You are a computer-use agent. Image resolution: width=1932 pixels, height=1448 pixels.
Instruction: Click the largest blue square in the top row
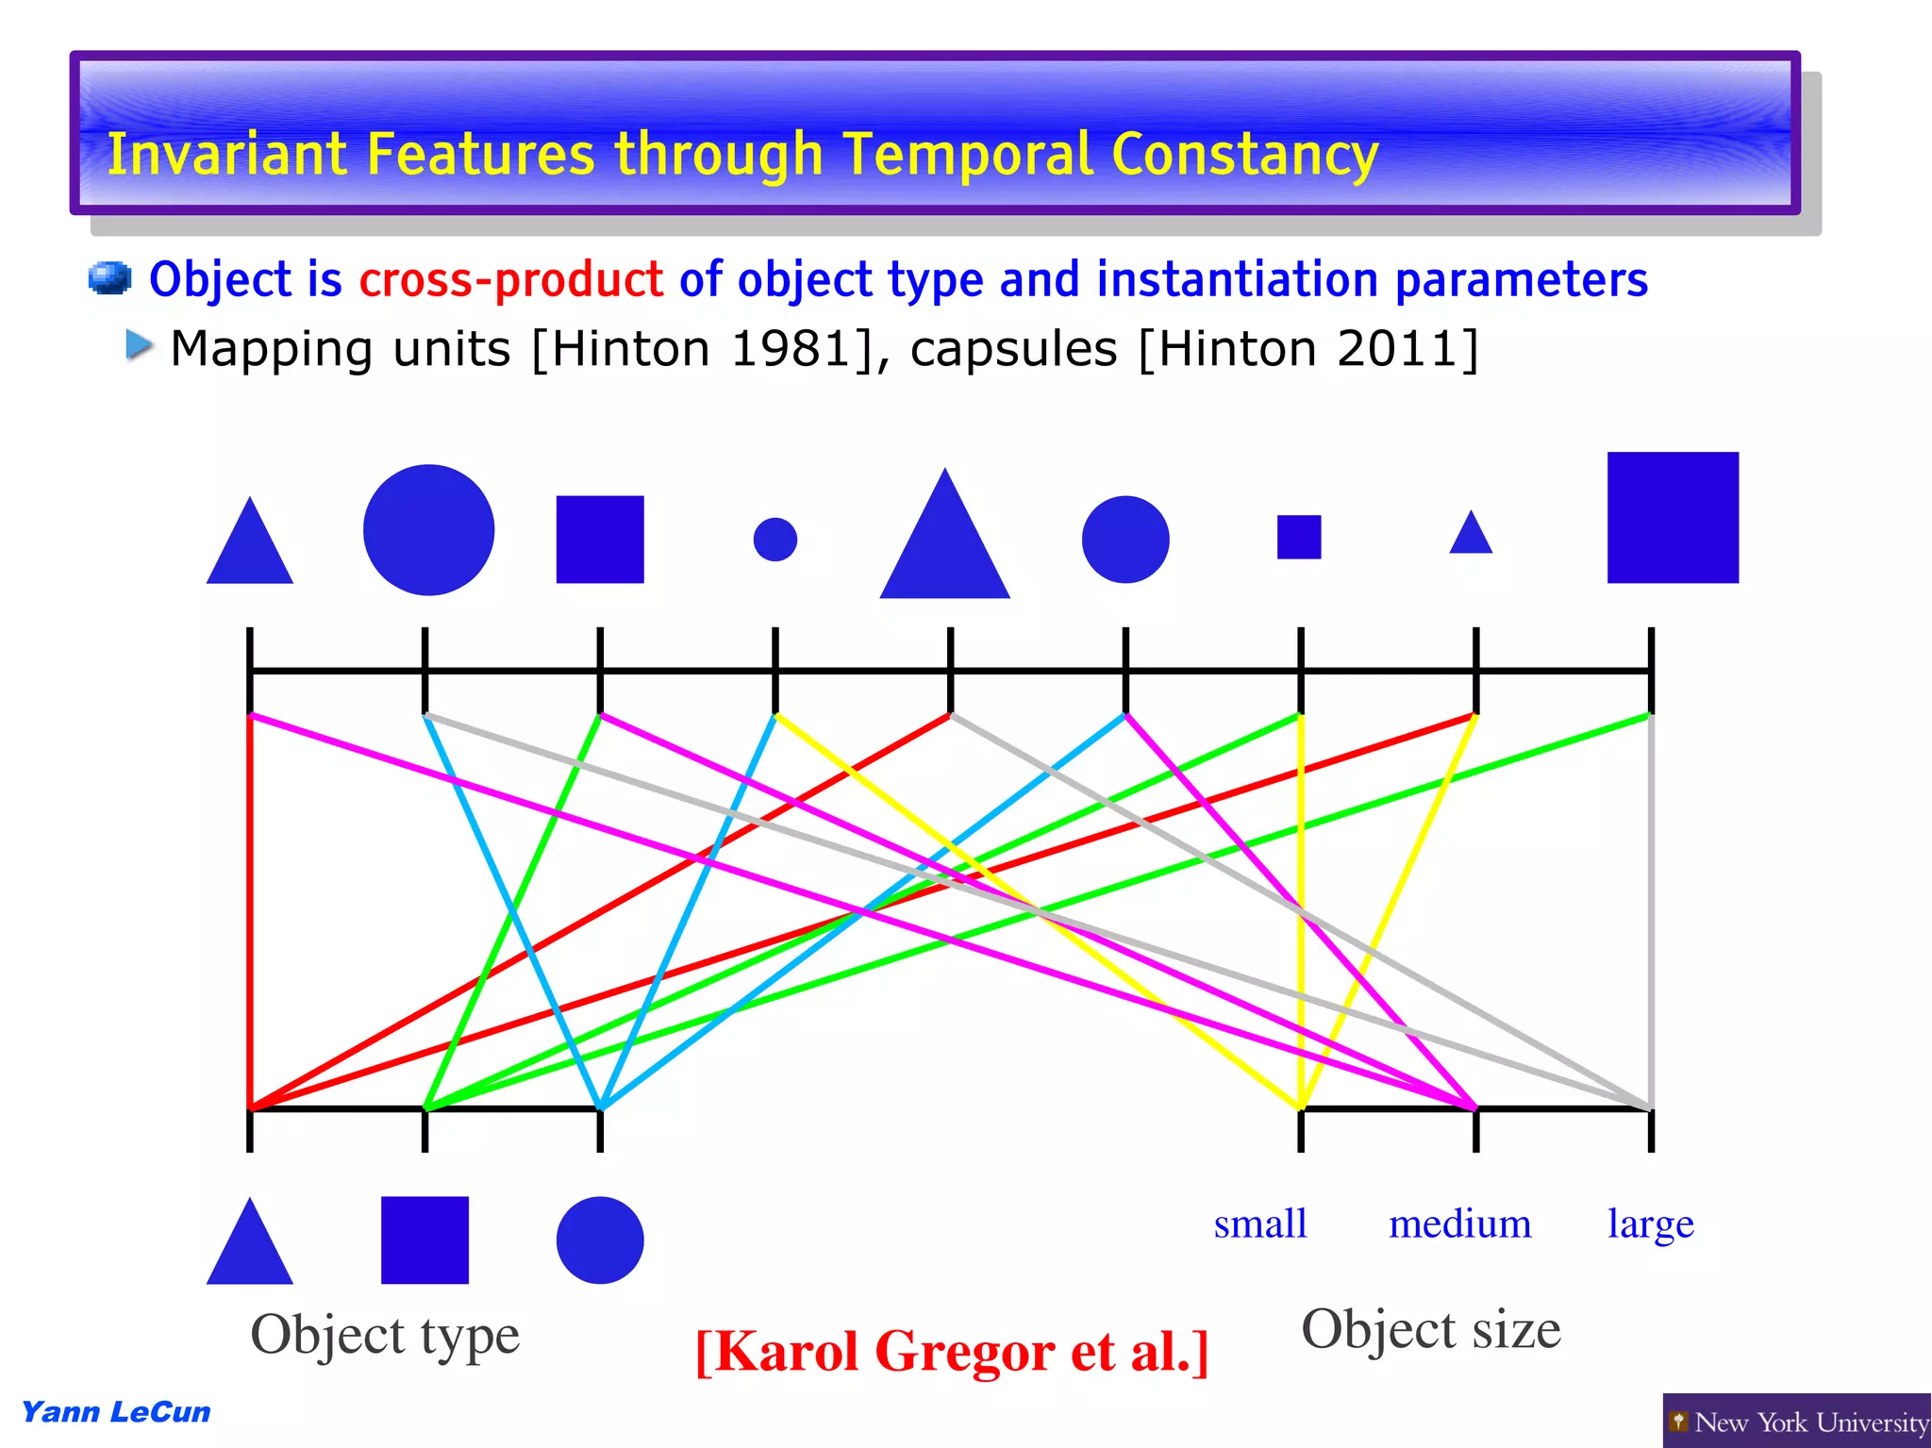pyautogui.click(x=1672, y=517)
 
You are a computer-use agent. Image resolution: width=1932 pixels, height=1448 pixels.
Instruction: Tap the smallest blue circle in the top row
pyautogui.click(x=774, y=540)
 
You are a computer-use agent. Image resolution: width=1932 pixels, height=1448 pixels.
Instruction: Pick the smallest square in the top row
pyautogui.click(x=1298, y=537)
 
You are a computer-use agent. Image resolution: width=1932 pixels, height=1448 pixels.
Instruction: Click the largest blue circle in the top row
pyautogui.click(x=428, y=529)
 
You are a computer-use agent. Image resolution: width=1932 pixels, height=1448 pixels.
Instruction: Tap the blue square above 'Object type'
pyautogui.click(x=425, y=1240)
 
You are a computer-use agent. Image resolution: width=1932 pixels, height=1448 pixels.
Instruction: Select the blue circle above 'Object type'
pyautogui.click(x=599, y=1240)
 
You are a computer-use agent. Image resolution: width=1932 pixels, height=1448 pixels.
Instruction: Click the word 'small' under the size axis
pyautogui.click(x=1260, y=1224)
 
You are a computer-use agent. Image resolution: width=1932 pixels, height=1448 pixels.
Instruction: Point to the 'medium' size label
pyautogui.click(x=1459, y=1224)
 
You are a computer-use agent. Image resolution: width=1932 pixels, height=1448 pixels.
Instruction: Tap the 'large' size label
pyautogui.click(x=1650, y=1224)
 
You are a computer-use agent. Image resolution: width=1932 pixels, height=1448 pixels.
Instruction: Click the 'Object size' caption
pyautogui.click(x=1430, y=1329)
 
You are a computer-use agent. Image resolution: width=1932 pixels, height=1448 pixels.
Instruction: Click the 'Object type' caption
pyautogui.click(x=384, y=1335)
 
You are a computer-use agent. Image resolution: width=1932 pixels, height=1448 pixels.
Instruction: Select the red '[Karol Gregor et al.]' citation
pyautogui.click(x=951, y=1352)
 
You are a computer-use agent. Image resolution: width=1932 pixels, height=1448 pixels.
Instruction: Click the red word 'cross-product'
pyautogui.click(x=510, y=280)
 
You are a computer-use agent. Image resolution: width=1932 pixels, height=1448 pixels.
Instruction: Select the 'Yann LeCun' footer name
pyautogui.click(x=115, y=1412)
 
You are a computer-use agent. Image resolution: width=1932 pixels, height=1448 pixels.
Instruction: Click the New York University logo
pyautogui.click(x=1796, y=1421)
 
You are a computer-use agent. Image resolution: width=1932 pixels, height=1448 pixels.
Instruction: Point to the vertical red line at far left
pyautogui.click(x=250, y=906)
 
